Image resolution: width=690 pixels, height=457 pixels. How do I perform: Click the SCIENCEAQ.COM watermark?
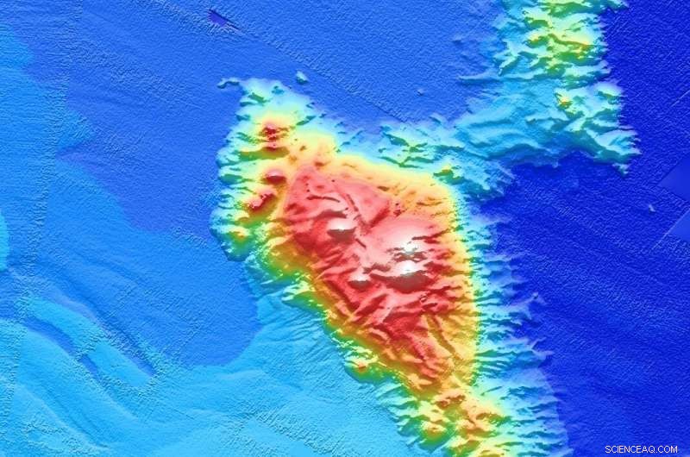(x=641, y=449)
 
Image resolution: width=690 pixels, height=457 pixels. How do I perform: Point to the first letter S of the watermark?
(x=608, y=449)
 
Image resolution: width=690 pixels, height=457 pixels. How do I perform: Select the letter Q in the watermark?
(x=649, y=449)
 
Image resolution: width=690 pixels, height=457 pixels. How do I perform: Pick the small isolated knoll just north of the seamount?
(x=301, y=78)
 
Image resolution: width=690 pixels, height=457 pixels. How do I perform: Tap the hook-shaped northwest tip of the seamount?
(x=228, y=84)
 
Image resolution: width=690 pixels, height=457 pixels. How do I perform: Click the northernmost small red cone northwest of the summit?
(x=271, y=131)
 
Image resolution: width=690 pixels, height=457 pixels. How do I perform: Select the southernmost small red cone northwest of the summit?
(x=257, y=203)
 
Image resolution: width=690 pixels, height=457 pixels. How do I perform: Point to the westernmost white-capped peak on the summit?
(x=341, y=228)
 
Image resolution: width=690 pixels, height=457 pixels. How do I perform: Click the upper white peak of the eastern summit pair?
(x=408, y=249)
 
